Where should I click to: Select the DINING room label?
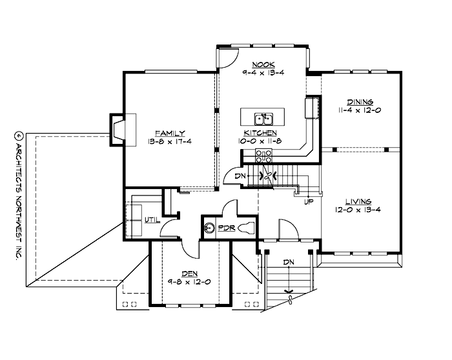pos(360,102)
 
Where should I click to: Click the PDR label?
pos(226,228)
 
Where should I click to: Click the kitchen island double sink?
pos(264,118)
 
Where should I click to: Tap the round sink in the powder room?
pos(209,228)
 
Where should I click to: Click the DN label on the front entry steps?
pos(289,262)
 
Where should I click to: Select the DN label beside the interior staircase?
pos(240,175)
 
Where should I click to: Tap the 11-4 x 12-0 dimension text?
pos(360,110)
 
